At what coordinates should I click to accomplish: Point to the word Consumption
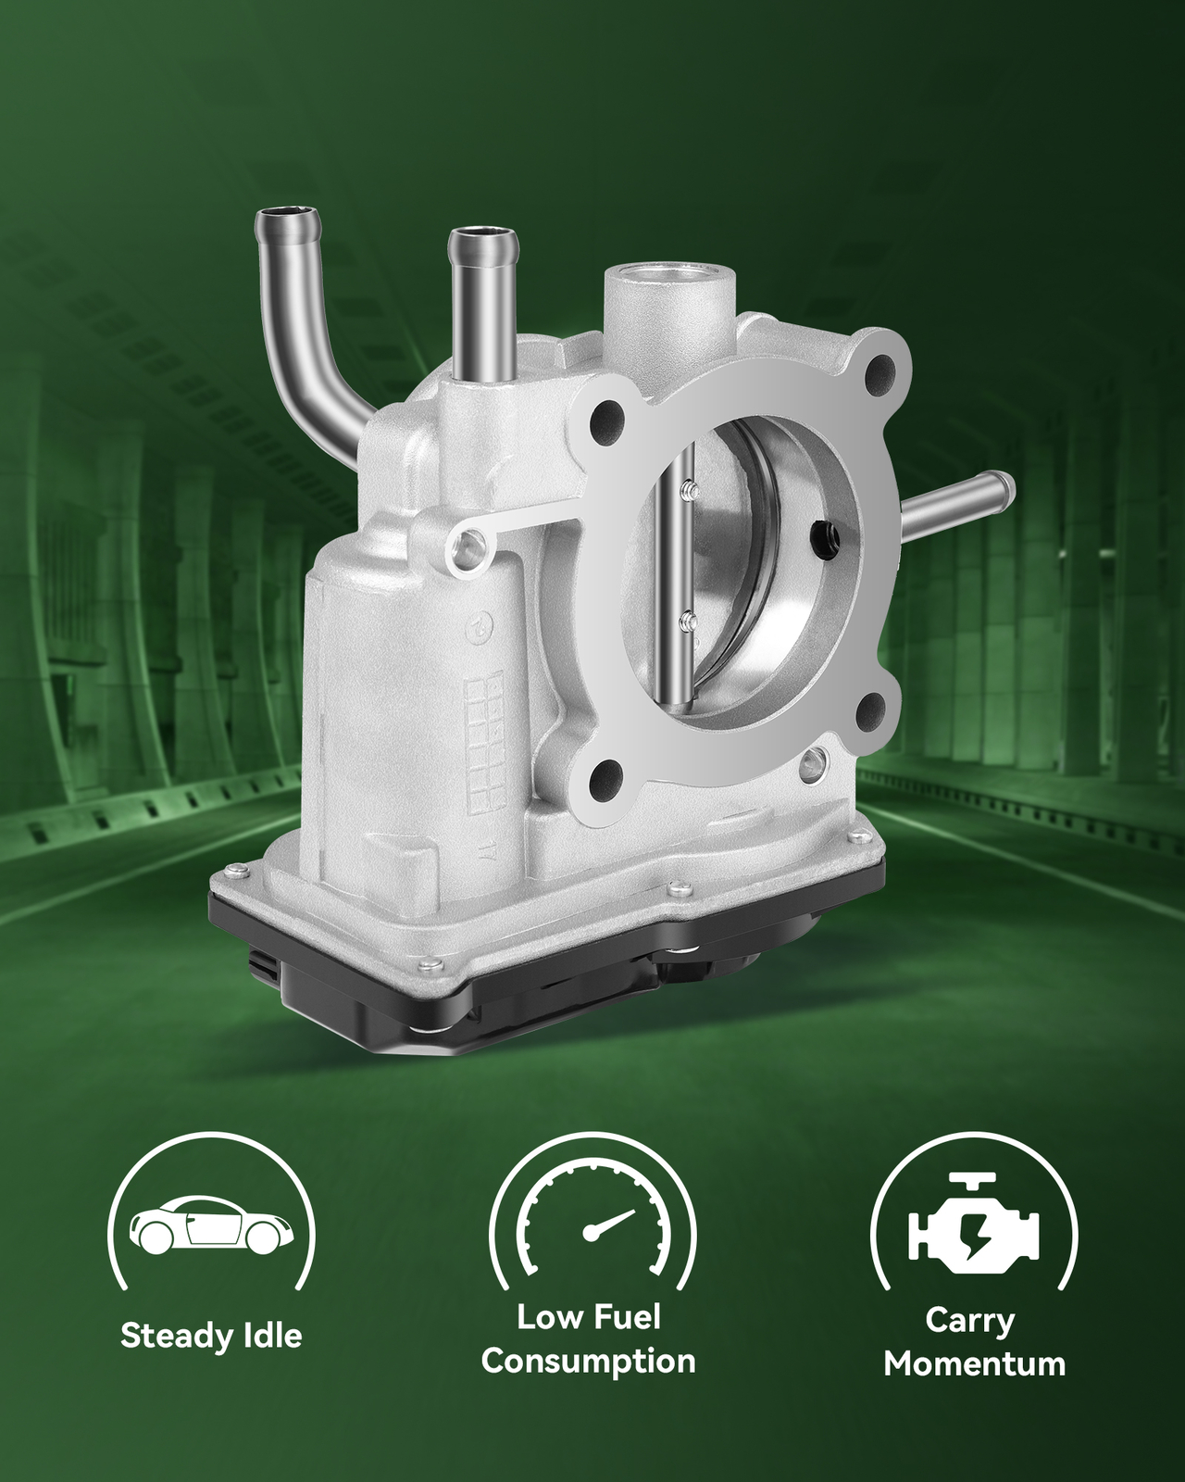[x=589, y=1361]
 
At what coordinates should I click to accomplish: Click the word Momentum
[x=974, y=1363]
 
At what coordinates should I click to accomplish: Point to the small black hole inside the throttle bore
[x=822, y=534]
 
